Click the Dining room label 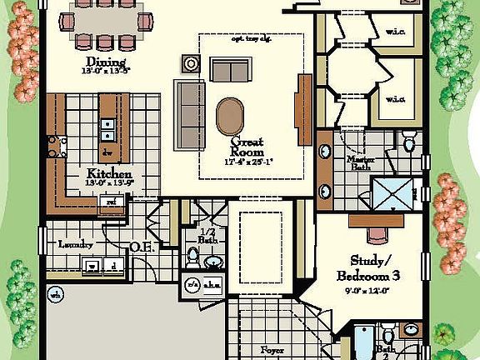106,62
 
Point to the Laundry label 75,244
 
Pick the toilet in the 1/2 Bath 192,255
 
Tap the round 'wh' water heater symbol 57,294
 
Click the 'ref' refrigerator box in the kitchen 109,201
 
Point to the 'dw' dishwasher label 107,153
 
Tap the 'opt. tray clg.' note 251,38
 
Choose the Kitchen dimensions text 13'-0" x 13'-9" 109,183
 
